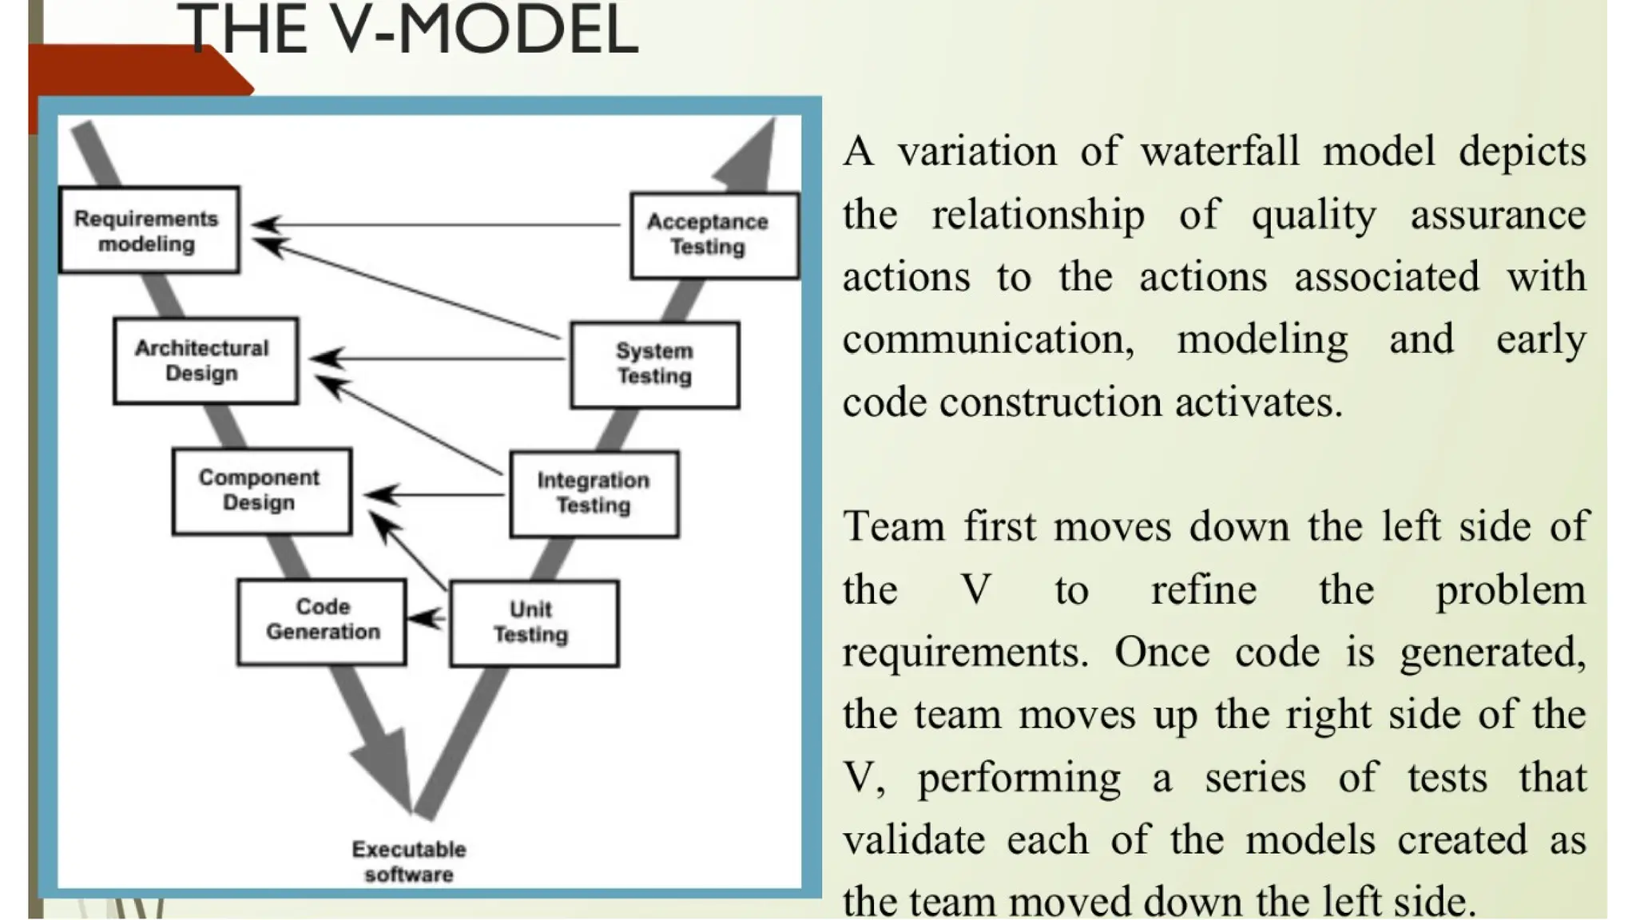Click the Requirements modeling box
[x=149, y=230]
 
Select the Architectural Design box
[x=205, y=360]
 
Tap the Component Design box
[x=261, y=490]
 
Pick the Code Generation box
[x=321, y=621]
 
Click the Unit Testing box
[x=534, y=623]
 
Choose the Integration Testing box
[x=594, y=493]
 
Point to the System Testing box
[x=654, y=364]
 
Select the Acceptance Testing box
[x=713, y=235]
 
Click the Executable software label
[x=408, y=862]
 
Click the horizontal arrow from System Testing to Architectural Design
[x=439, y=359]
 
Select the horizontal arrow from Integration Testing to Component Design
[x=435, y=495]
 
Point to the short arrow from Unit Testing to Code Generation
[x=427, y=618]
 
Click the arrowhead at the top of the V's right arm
[x=751, y=159]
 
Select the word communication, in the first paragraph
[x=988, y=339]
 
